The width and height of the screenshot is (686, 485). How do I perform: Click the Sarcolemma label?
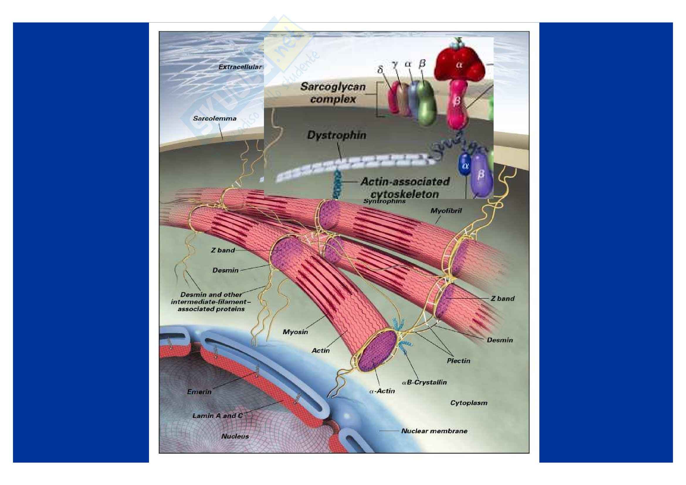(x=214, y=119)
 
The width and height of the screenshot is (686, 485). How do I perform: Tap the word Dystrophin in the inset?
(x=336, y=135)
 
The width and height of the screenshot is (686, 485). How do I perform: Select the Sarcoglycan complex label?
(x=333, y=93)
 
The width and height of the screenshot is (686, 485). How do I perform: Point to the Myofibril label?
(x=446, y=211)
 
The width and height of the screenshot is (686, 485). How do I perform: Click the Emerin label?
(x=199, y=391)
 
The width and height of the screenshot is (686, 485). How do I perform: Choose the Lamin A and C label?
(x=218, y=415)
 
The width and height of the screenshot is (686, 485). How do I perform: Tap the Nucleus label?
(x=235, y=436)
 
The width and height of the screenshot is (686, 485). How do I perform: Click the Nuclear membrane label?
(x=434, y=431)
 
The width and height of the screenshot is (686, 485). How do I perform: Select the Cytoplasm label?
(x=468, y=403)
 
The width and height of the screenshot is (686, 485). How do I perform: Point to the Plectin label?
(x=458, y=361)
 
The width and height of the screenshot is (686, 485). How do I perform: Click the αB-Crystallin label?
(x=424, y=382)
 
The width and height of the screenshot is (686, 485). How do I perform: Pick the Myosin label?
(x=295, y=332)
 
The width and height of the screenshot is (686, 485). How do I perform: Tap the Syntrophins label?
(x=384, y=201)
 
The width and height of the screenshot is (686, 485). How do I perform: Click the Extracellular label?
(x=240, y=67)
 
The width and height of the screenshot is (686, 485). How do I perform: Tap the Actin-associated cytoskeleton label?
(x=405, y=188)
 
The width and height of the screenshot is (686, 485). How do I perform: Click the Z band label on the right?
(x=503, y=298)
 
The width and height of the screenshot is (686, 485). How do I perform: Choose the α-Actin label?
(x=382, y=391)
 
